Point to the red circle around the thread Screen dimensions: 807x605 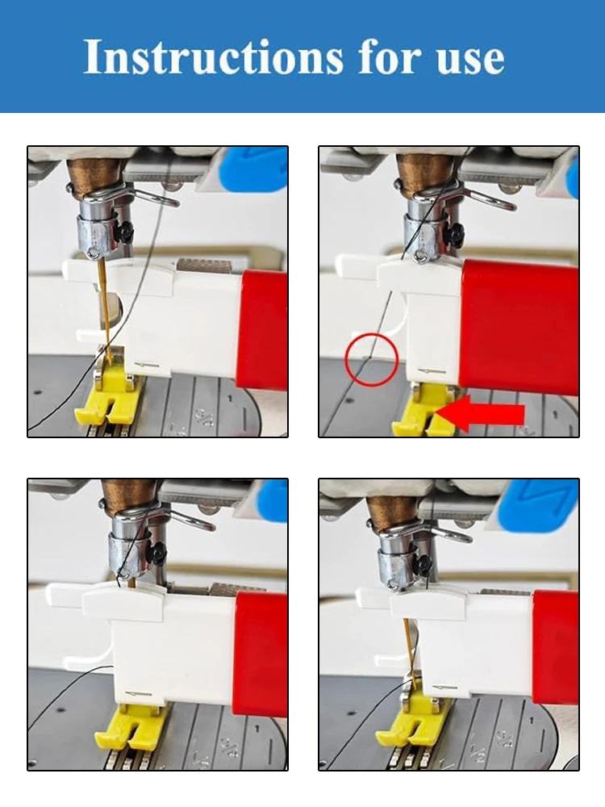pyautogui.click(x=371, y=358)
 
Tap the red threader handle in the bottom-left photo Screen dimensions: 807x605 pyautogui.click(x=260, y=654)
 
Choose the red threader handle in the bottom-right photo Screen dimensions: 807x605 pyautogui.click(x=555, y=646)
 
